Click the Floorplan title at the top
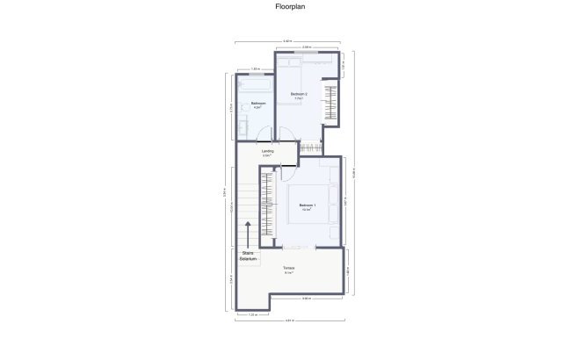pyautogui.click(x=289, y=7)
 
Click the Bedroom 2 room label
pyautogui.click(x=299, y=96)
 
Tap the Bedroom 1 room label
pyautogui.click(x=307, y=207)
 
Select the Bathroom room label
pyautogui.click(x=257, y=105)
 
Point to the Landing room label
pyautogui.click(x=267, y=152)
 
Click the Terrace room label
pyautogui.click(x=288, y=270)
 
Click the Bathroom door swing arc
pyautogui.click(x=265, y=135)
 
